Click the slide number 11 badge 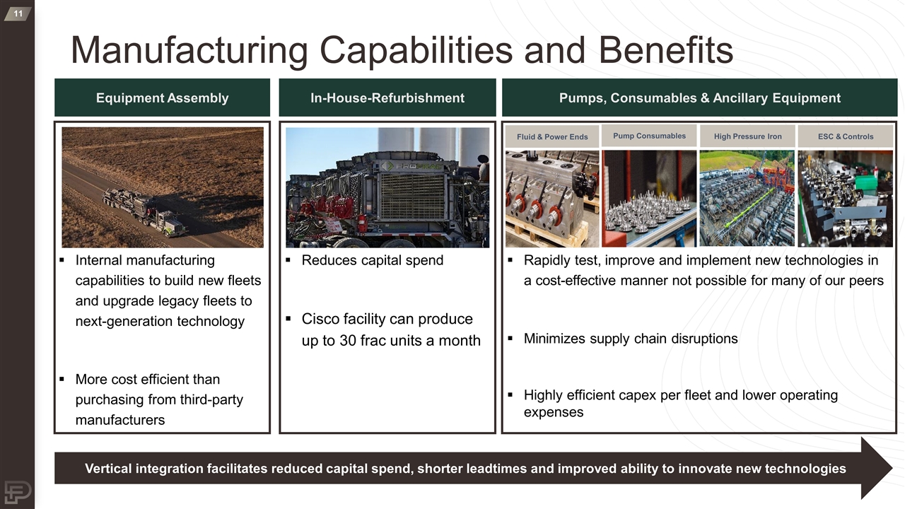[17, 13]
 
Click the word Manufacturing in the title [189, 51]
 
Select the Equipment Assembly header [162, 98]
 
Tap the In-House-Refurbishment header [387, 98]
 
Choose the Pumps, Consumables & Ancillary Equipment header [699, 98]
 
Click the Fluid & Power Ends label [551, 136]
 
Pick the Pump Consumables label [649, 136]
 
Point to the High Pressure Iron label [747, 136]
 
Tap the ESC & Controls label [845, 136]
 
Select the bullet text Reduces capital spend [372, 260]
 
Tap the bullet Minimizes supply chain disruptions [630, 339]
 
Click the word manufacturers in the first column [119, 420]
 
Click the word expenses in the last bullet [553, 412]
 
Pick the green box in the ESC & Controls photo [865, 183]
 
